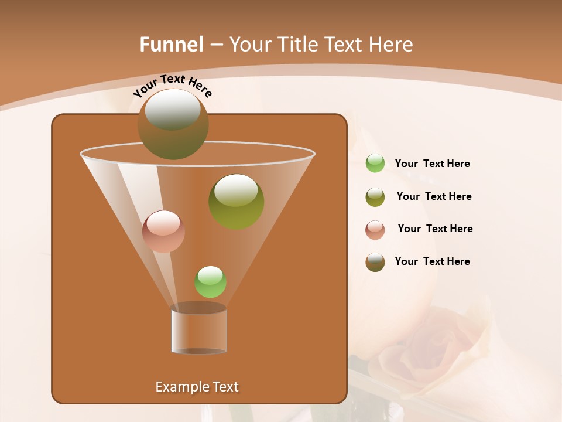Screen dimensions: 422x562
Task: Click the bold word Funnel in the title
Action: (172, 45)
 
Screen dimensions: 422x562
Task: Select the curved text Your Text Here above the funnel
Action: (173, 86)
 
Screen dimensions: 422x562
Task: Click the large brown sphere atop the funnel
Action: (173, 124)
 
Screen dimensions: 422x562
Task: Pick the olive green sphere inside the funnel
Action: (236, 201)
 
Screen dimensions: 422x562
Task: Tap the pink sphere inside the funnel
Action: (163, 231)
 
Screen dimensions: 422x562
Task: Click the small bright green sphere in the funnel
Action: (210, 281)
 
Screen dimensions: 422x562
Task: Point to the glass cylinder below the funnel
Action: (198, 329)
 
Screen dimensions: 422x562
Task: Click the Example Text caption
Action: (197, 387)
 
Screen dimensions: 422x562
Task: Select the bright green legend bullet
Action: (375, 163)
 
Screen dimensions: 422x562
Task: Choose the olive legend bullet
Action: (375, 196)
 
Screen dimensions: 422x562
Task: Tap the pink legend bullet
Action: (375, 229)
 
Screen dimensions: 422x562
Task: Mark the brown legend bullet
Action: (375, 262)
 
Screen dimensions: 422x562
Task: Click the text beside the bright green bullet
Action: (432, 164)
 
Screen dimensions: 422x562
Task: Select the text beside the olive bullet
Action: (434, 196)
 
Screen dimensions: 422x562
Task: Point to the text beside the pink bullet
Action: (435, 229)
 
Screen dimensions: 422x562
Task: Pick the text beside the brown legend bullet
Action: (432, 261)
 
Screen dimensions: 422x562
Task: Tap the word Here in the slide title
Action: (390, 45)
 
